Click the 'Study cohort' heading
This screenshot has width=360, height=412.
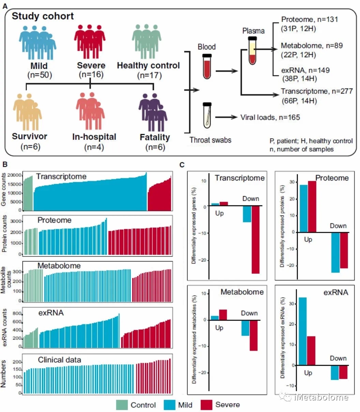pyautogui.click(x=43, y=16)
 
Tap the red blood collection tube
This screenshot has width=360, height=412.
pyautogui.click(x=207, y=66)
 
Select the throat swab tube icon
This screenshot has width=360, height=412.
pyautogui.click(x=207, y=115)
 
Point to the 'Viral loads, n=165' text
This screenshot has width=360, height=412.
pyautogui.click(x=270, y=117)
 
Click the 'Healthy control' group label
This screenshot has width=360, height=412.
pyautogui.click(x=148, y=65)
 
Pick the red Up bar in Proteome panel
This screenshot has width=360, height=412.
pyautogui.click(x=312, y=206)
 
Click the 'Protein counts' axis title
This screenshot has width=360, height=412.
pyautogui.click(x=5, y=235)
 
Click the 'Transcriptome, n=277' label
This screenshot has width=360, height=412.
pyautogui.click(x=317, y=91)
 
